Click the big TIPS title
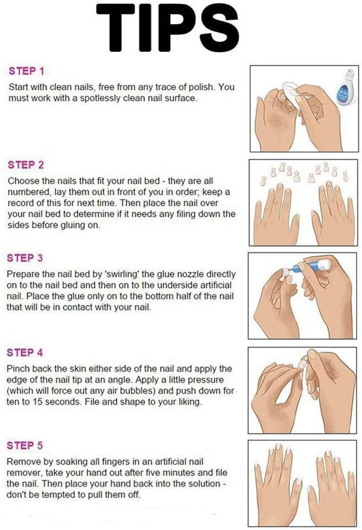click(x=168, y=27)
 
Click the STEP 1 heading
click(x=26, y=71)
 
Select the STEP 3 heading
click(x=25, y=258)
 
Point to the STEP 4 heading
click(x=25, y=352)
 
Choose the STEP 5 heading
click(x=25, y=445)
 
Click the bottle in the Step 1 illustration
click(x=346, y=88)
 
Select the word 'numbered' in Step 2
click(x=24, y=192)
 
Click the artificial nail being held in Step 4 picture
click(x=303, y=364)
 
